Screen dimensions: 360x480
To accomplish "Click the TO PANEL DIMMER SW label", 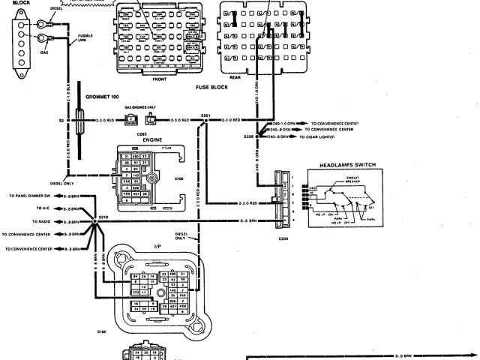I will [x=31, y=196].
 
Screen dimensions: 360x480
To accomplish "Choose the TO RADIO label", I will [x=42, y=222].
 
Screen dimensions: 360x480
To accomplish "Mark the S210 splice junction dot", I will [x=96, y=222].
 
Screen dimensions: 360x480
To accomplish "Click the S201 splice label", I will [x=205, y=113].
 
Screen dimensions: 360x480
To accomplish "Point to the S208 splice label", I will [x=248, y=137].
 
